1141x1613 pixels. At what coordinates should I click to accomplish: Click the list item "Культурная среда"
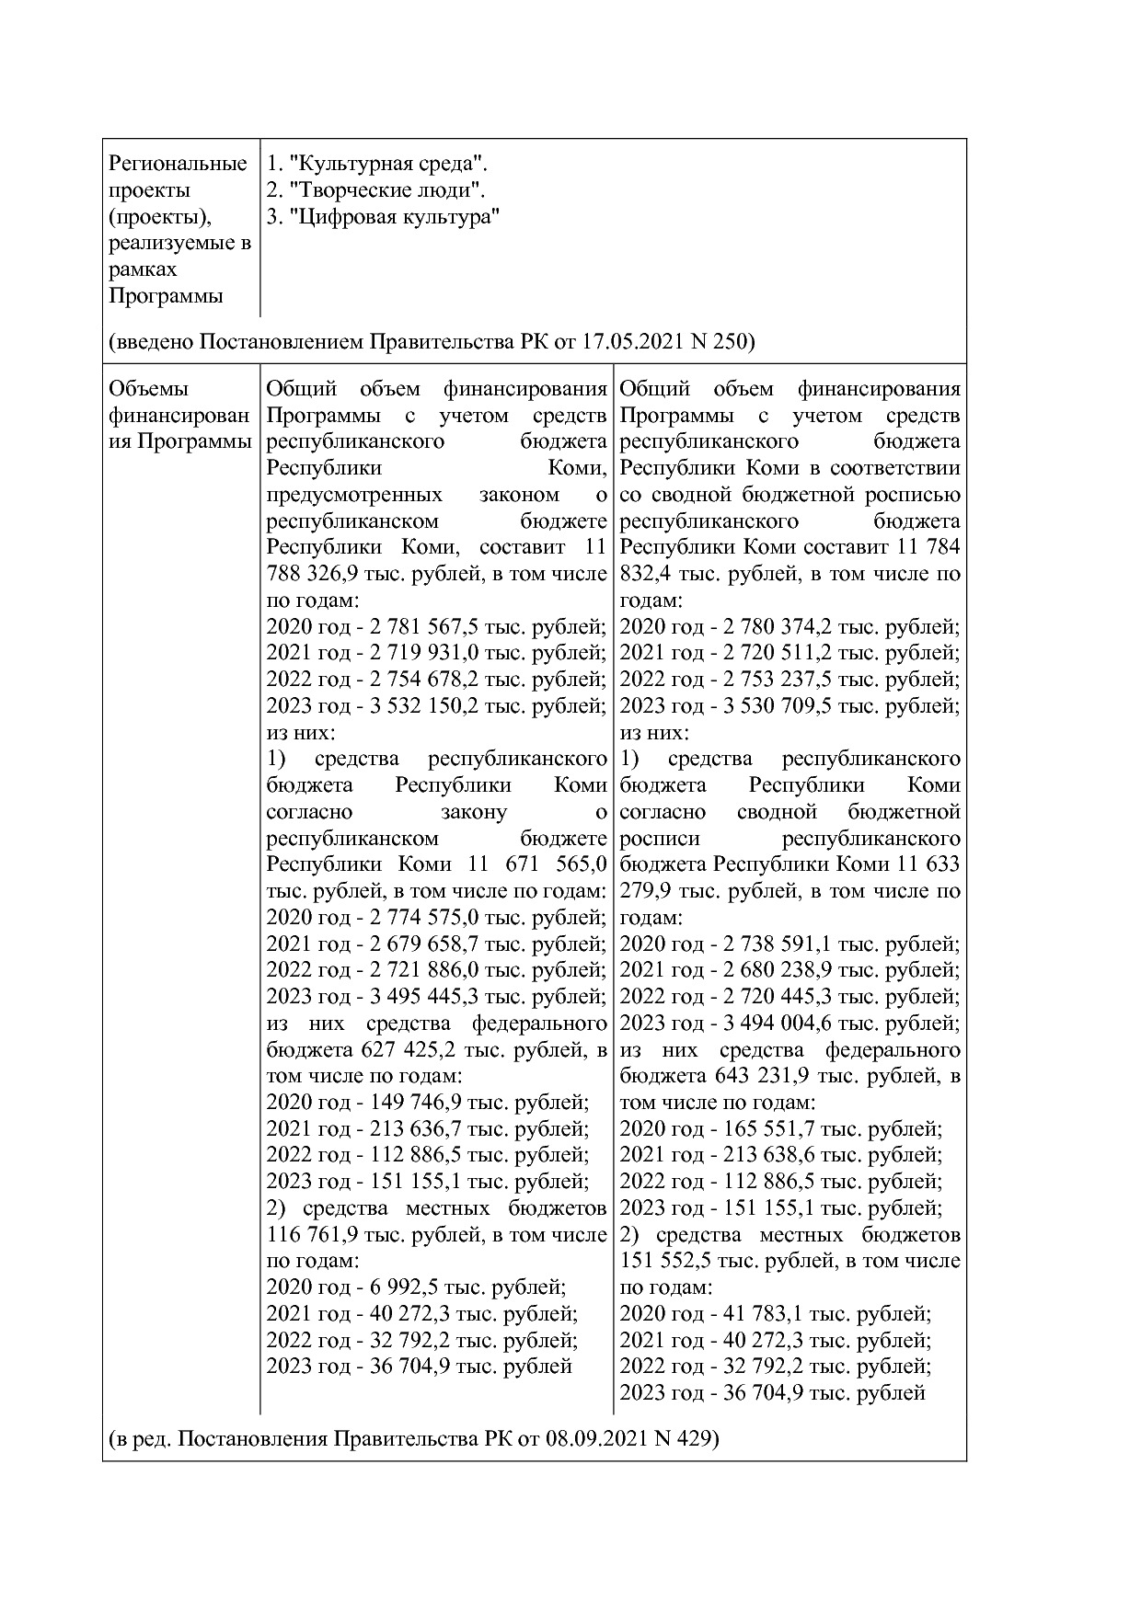[x=386, y=165]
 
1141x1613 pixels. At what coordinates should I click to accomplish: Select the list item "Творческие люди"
[x=386, y=191]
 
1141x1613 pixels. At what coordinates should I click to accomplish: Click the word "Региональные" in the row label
[x=178, y=165]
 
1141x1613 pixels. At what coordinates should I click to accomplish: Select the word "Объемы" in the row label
[x=147, y=389]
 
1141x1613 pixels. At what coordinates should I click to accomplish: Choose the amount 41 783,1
[x=763, y=1314]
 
